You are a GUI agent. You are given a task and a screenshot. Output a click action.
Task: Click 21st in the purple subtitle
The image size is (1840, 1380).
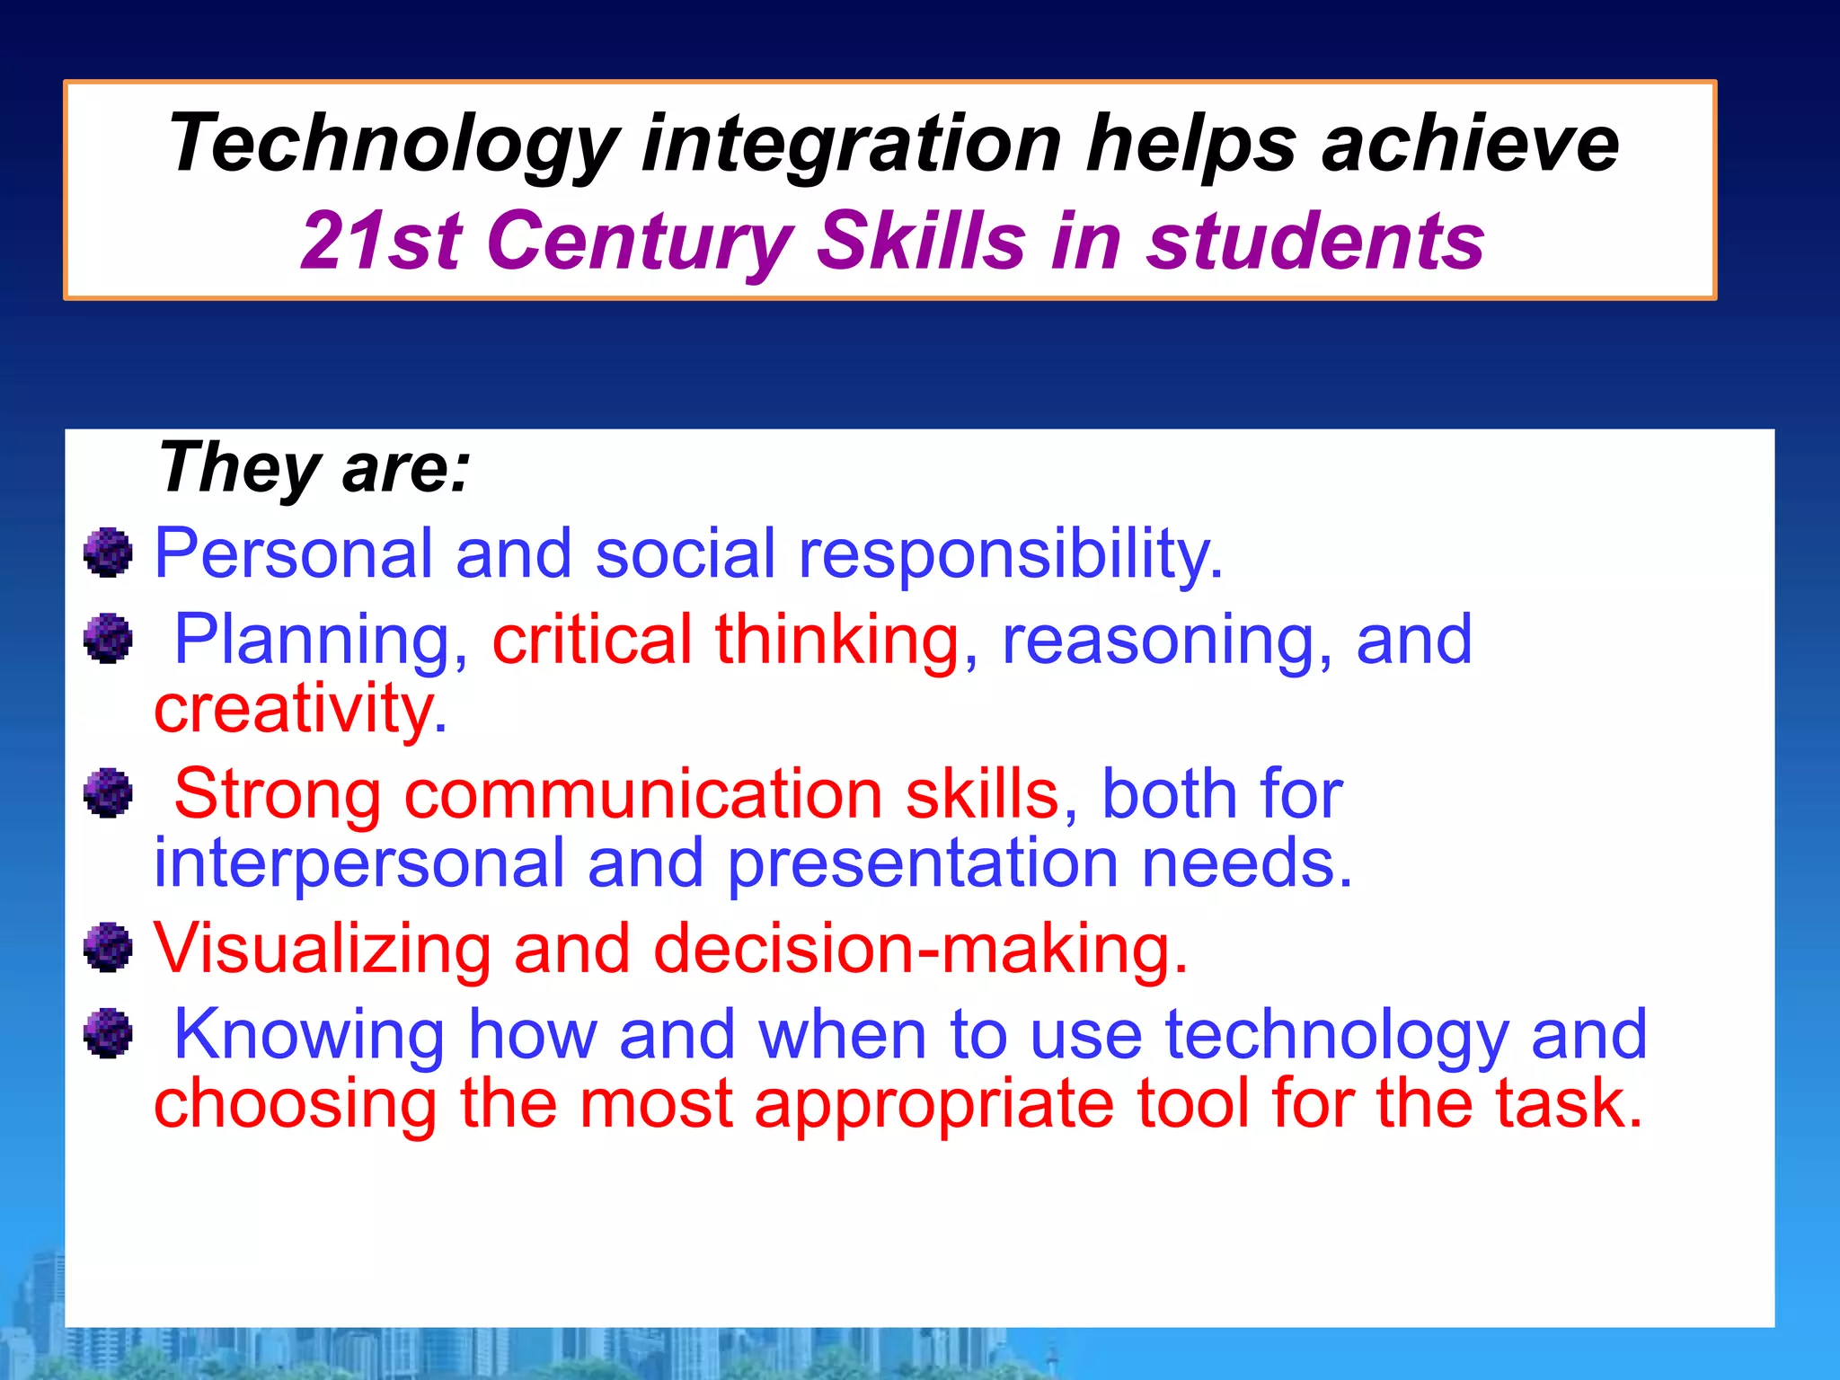(x=381, y=241)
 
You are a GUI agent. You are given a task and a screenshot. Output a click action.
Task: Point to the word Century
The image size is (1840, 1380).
(x=639, y=241)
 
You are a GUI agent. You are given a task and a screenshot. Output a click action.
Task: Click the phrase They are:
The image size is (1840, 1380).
(x=314, y=467)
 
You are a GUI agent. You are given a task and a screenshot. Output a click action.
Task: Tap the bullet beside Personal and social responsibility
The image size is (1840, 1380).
(x=108, y=553)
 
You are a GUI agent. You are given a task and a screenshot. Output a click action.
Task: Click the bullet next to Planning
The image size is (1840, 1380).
(x=108, y=639)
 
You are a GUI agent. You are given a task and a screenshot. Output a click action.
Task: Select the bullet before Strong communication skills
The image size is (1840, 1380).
(x=108, y=792)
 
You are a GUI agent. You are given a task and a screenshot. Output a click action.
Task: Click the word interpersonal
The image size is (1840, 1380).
(x=359, y=863)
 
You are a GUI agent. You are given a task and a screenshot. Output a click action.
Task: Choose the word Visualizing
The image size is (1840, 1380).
(x=322, y=949)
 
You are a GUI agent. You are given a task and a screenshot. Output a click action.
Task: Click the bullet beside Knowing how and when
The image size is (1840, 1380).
(x=108, y=1033)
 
